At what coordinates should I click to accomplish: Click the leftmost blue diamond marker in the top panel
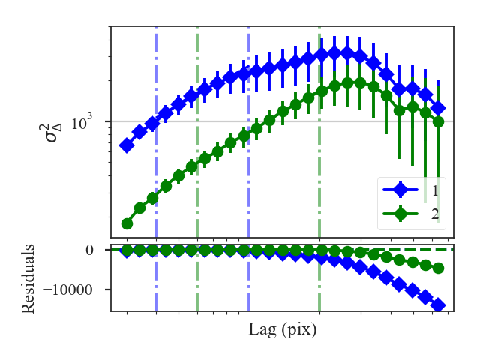pyautogui.click(x=127, y=145)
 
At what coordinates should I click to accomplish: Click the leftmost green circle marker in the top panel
pyautogui.click(x=127, y=223)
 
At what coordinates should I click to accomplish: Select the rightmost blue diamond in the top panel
pyautogui.click(x=438, y=109)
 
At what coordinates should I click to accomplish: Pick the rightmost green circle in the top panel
pyautogui.click(x=438, y=121)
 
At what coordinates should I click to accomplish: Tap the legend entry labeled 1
pyautogui.click(x=435, y=190)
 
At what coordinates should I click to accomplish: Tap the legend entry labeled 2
pyautogui.click(x=435, y=214)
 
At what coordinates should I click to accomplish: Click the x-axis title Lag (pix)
pyautogui.click(x=282, y=329)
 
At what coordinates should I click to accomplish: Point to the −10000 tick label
pyautogui.click(x=76, y=289)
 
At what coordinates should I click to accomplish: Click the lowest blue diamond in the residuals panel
pyautogui.click(x=438, y=305)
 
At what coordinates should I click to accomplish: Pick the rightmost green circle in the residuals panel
pyautogui.click(x=438, y=268)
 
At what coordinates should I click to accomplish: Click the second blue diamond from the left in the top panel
pyautogui.click(x=139, y=133)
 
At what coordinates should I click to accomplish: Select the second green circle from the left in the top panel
pyautogui.click(x=139, y=208)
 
